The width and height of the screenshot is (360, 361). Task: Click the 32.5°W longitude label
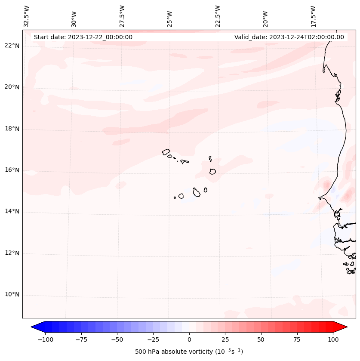click(27, 16)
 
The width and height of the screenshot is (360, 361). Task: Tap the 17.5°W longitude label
click(313, 16)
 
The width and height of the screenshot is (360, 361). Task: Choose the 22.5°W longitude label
click(218, 16)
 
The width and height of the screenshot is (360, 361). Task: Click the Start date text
click(83, 37)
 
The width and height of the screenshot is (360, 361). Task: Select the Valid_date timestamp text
click(289, 37)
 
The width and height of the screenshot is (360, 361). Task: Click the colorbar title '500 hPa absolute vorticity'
click(189, 352)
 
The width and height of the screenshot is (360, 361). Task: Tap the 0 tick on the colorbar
click(189, 339)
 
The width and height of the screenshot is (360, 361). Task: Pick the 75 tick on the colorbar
click(297, 339)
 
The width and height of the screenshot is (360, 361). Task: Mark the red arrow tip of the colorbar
click(346, 327)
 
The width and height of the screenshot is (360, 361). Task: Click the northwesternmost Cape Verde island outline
click(166, 151)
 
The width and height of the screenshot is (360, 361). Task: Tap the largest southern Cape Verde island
click(197, 192)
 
